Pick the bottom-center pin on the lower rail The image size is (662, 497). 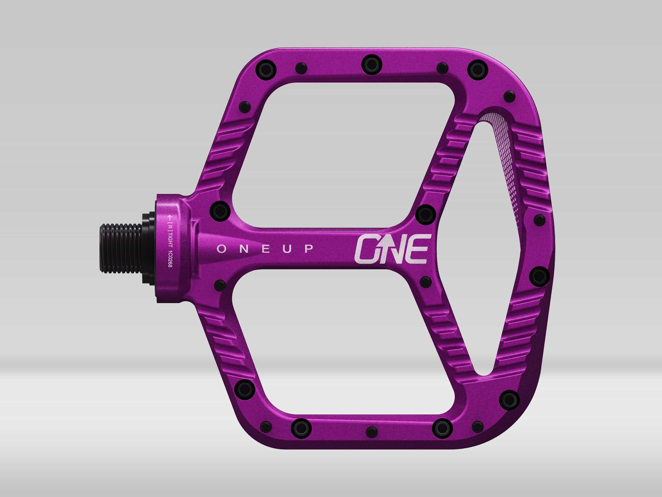[x=371, y=432]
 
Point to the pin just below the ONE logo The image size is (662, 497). [x=425, y=282]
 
